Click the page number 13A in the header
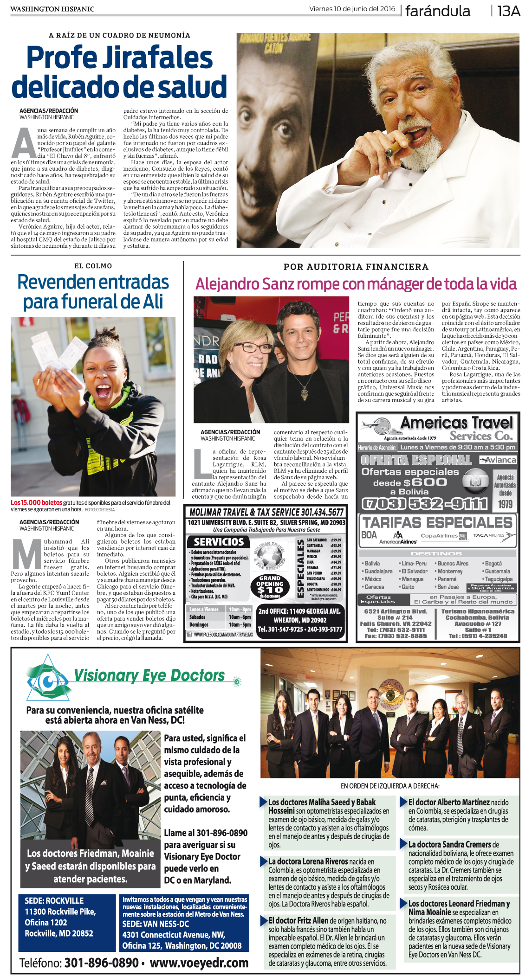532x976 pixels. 508,11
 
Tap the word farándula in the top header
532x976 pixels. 437,11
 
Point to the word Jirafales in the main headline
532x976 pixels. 157,58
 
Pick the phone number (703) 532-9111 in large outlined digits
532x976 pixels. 424,503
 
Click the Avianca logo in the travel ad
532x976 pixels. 498,460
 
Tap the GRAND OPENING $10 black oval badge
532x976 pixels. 269,587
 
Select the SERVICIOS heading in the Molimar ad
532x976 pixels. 219,542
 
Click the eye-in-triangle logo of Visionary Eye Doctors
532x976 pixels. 48,680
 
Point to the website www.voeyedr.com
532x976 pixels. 199,963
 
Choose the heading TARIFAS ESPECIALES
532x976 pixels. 437,522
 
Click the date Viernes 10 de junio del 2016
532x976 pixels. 352,9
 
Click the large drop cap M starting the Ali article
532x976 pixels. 26,554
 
